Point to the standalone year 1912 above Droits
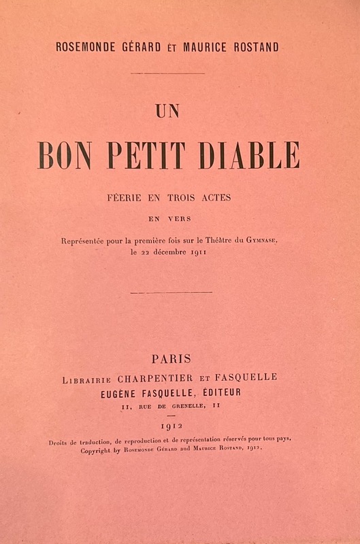(x=180, y=426)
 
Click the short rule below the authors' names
(x=167, y=73)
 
